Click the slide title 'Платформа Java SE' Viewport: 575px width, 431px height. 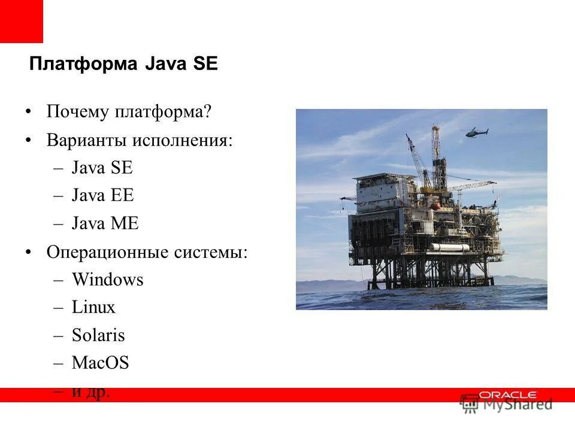point(123,64)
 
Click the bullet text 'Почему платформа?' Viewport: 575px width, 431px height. point(129,111)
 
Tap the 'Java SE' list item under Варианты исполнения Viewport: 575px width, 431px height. point(102,168)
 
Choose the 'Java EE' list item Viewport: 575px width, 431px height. point(102,195)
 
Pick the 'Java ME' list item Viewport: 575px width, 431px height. point(105,223)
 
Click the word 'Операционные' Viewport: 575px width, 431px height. point(107,252)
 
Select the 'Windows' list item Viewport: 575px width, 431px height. point(107,280)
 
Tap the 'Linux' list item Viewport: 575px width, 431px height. point(93,307)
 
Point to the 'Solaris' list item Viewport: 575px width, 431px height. point(98,335)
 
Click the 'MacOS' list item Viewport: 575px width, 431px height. point(100,363)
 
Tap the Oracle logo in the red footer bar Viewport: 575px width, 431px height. point(507,395)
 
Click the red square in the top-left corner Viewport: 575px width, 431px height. point(21,21)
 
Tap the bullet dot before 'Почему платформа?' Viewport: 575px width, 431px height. point(28,112)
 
